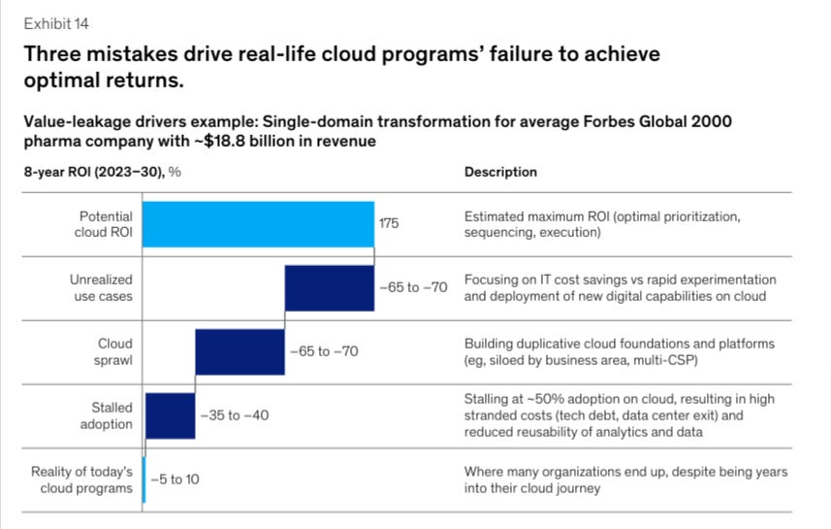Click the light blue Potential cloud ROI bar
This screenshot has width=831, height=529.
click(x=259, y=223)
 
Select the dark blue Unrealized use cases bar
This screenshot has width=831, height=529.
click(x=329, y=287)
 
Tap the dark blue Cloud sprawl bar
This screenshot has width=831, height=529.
click(x=240, y=351)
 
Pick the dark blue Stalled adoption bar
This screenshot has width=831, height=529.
click(x=170, y=415)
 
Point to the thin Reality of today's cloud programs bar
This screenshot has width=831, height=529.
click(x=144, y=479)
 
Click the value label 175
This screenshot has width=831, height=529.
click(x=389, y=223)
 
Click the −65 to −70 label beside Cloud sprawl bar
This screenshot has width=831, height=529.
click(x=323, y=351)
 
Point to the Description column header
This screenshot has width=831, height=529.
click(x=500, y=172)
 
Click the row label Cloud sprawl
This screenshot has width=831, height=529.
click(x=114, y=351)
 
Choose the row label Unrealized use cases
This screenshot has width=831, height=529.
click(x=101, y=287)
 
